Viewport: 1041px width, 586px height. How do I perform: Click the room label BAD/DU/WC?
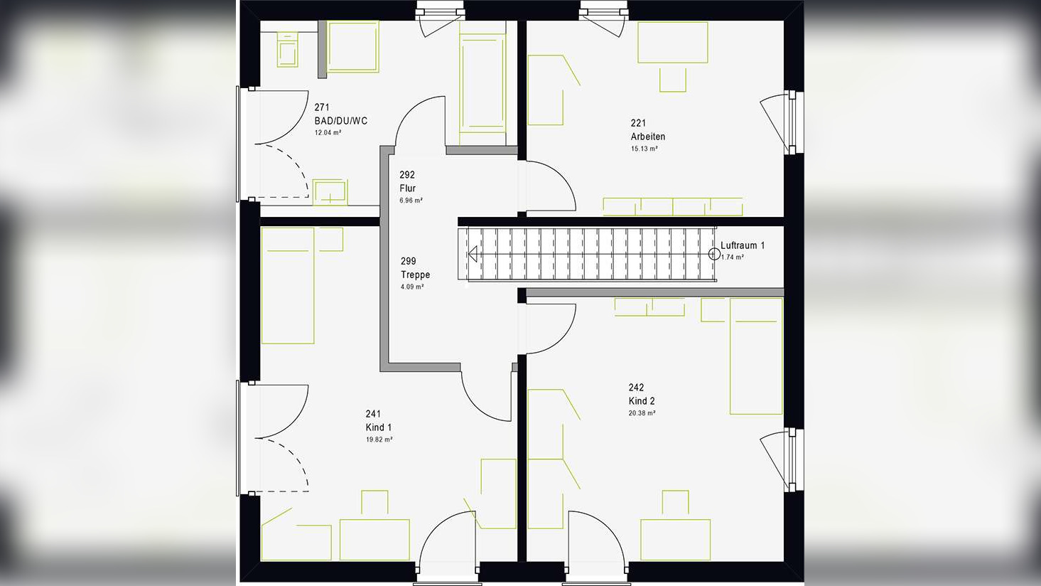click(340, 121)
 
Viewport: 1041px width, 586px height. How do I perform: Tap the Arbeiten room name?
click(648, 137)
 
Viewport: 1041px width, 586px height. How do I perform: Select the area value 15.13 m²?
click(644, 149)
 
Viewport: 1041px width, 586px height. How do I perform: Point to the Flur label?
click(408, 188)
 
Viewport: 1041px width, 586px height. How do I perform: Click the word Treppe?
click(416, 275)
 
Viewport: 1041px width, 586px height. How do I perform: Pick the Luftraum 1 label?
click(742, 245)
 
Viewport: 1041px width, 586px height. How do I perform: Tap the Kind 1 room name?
click(379, 427)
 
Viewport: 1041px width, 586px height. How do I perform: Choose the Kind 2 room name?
click(642, 401)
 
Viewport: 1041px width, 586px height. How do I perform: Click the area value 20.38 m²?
click(642, 413)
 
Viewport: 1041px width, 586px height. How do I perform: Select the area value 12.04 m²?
click(328, 132)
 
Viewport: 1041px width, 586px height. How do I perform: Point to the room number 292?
click(407, 175)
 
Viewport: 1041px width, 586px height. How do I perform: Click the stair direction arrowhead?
click(473, 254)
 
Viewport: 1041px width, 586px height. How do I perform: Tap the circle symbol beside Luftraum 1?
click(714, 254)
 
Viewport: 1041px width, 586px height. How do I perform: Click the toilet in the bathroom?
click(287, 50)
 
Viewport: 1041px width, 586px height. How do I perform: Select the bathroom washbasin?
click(330, 192)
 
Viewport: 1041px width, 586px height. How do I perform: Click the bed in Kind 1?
click(288, 286)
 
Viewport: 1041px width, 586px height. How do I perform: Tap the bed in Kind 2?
click(756, 356)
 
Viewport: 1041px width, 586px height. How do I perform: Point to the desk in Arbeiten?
click(672, 43)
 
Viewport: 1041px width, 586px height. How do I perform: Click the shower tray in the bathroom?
click(353, 46)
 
